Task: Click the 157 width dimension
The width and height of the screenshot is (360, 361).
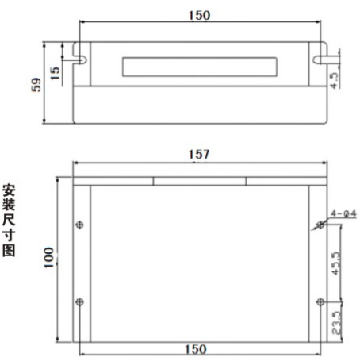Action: (x=199, y=156)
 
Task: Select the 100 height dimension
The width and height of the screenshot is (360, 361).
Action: (x=49, y=255)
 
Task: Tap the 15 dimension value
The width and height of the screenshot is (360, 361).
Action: (x=55, y=71)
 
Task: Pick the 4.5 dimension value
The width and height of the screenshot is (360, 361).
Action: (x=336, y=79)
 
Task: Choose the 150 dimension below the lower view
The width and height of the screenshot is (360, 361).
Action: (x=196, y=349)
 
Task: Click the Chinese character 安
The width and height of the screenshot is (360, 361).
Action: (x=10, y=190)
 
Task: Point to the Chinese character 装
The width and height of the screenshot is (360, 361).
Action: (x=10, y=205)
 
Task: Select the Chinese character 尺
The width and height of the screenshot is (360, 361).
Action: (x=10, y=221)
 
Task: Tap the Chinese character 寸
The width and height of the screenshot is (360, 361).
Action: (x=10, y=236)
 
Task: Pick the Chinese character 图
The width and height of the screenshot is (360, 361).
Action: (x=10, y=251)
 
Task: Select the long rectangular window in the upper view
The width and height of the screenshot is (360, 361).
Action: (x=199, y=65)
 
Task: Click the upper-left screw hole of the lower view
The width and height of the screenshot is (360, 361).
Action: (x=79, y=225)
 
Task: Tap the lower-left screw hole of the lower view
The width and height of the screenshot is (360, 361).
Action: (x=79, y=301)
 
